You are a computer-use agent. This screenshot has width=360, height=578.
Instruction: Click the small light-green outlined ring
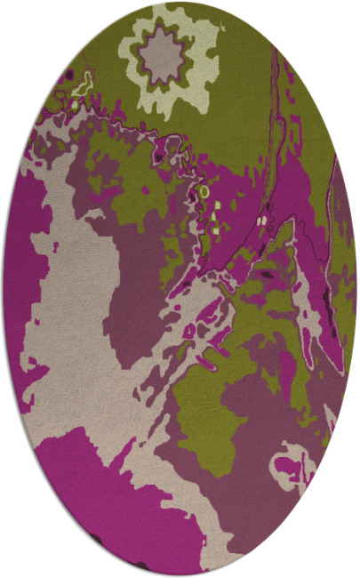point(204,191)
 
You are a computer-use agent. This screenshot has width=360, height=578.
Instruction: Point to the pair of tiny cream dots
point(262,219)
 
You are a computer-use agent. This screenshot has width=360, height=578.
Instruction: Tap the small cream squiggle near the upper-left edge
point(83,87)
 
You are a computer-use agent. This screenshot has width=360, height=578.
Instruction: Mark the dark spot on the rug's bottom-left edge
point(96,537)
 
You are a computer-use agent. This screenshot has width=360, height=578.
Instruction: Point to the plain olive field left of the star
point(98,44)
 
